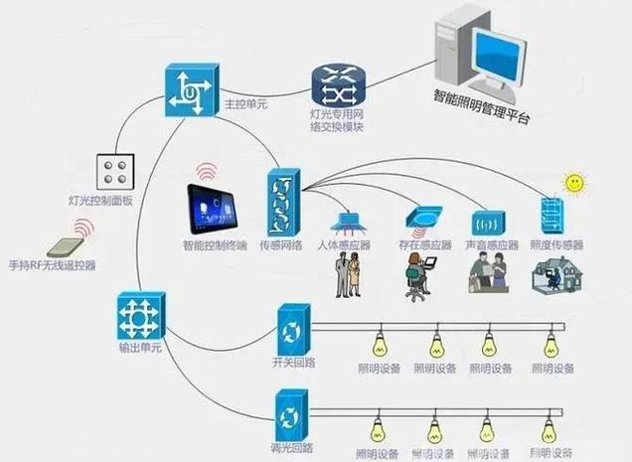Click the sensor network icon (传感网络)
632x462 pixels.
click(281, 203)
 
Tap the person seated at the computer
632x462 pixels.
click(417, 275)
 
